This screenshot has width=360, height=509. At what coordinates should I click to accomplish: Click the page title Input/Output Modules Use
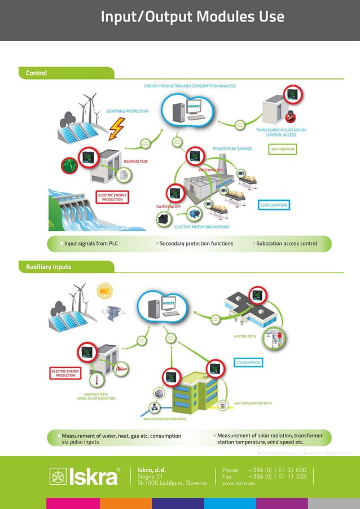[192, 17]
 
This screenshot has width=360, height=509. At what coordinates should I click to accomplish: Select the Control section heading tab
[36, 73]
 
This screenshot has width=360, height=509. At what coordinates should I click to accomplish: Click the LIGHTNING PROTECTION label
[127, 112]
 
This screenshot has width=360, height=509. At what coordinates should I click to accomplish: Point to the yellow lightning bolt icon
[117, 129]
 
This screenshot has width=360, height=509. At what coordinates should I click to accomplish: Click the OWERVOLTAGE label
[135, 162]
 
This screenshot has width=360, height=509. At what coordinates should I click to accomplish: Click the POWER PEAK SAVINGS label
[232, 150]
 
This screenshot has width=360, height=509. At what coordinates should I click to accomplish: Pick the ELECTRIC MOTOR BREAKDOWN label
[201, 227]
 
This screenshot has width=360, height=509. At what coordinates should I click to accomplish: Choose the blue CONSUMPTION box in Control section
[274, 205]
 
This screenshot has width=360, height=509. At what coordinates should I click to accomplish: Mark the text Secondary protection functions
[196, 244]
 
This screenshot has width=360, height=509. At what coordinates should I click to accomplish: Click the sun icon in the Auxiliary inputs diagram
[104, 291]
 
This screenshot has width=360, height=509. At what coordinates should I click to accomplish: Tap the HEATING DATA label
[244, 336]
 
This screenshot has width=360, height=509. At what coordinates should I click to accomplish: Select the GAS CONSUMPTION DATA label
[253, 403]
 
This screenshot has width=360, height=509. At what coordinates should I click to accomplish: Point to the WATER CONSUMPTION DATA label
[165, 420]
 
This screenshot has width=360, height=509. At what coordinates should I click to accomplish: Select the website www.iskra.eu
[239, 484]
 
